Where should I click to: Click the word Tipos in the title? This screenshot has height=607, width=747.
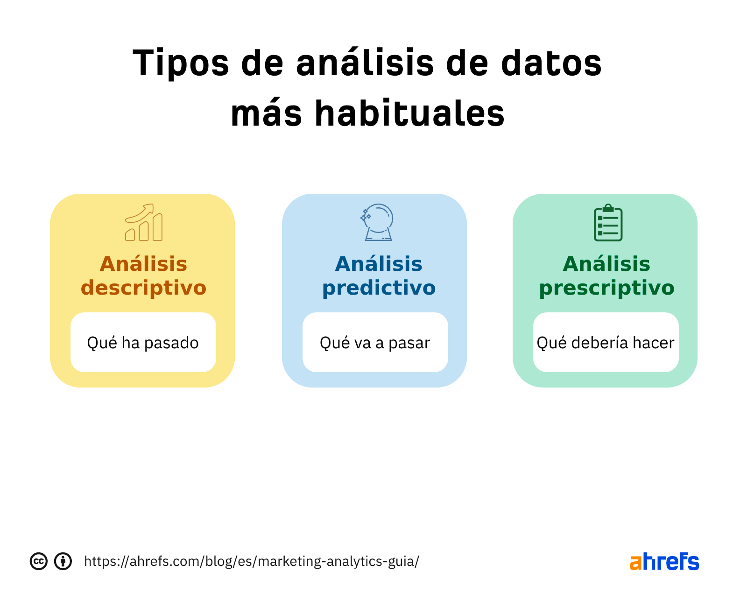click(181, 63)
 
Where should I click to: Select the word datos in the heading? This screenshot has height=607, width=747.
click(551, 63)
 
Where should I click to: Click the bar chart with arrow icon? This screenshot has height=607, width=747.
click(144, 223)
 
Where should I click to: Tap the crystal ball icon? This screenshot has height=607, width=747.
click(378, 222)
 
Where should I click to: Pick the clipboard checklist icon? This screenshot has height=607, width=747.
click(608, 223)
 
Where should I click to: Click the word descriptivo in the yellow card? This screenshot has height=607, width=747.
click(143, 288)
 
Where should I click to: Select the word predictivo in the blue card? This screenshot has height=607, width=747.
click(379, 288)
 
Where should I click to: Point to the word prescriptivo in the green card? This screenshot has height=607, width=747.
click(606, 288)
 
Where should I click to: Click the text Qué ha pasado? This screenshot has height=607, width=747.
click(143, 343)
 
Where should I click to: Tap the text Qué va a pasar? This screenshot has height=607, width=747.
click(374, 343)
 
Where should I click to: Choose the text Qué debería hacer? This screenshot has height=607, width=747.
click(606, 343)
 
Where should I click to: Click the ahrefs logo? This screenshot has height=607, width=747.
click(664, 562)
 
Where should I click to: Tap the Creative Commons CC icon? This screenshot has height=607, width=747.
click(39, 561)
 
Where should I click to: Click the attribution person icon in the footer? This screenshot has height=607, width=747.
click(63, 561)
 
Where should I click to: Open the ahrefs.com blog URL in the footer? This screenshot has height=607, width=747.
click(251, 561)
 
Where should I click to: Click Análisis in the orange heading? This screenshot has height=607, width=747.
click(143, 264)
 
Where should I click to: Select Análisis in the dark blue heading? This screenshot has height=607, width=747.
click(379, 264)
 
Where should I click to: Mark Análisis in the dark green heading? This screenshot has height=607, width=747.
click(606, 264)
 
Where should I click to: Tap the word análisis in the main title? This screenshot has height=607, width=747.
click(365, 63)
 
